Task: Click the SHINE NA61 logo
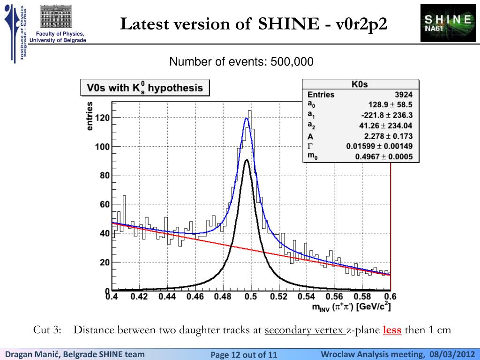pos(448,22)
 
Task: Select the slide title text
pos(254,23)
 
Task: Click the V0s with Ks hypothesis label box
pos(145,88)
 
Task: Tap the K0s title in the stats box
pos(360,84)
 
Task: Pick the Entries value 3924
pos(404,95)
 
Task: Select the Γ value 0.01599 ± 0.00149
pos(380,146)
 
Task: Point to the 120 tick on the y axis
pos(103,118)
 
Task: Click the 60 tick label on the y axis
pos(104,204)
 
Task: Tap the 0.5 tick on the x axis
pos(252,297)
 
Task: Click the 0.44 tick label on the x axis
pos(167,297)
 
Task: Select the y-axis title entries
pos(90,115)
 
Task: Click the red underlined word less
pos(392,330)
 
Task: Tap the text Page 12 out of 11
pos(244,354)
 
